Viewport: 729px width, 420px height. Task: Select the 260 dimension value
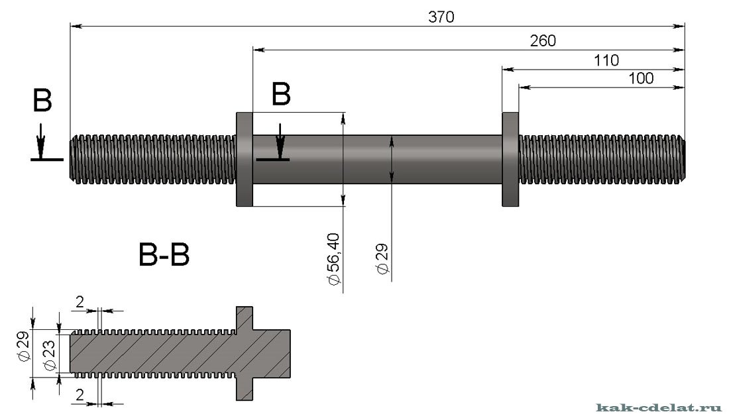pyautogui.click(x=543, y=40)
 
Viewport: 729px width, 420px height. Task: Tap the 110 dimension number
pyautogui.click(x=606, y=61)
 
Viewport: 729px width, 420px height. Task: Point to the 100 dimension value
pyautogui.click(x=641, y=78)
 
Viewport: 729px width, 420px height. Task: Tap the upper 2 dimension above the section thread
pyautogui.click(x=80, y=302)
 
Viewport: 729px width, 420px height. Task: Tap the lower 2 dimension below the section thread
pyautogui.click(x=80, y=395)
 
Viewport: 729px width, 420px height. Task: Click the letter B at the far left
pyautogui.click(x=42, y=102)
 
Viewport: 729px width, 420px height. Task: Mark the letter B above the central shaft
pyautogui.click(x=282, y=95)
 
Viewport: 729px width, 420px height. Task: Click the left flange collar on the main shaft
pyautogui.click(x=245, y=160)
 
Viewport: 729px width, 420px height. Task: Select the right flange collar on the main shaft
pyautogui.click(x=510, y=160)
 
